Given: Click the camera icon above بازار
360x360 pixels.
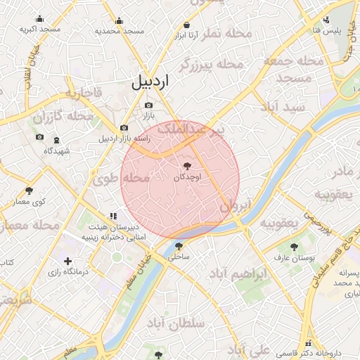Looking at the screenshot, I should pos(148,105).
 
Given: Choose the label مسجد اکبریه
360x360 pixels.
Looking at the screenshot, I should pos(39,30).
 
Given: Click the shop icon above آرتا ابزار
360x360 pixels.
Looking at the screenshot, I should pos(186,23).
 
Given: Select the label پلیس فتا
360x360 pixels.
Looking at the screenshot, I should pos(327,30).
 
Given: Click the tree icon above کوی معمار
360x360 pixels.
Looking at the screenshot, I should pos(29,191).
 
